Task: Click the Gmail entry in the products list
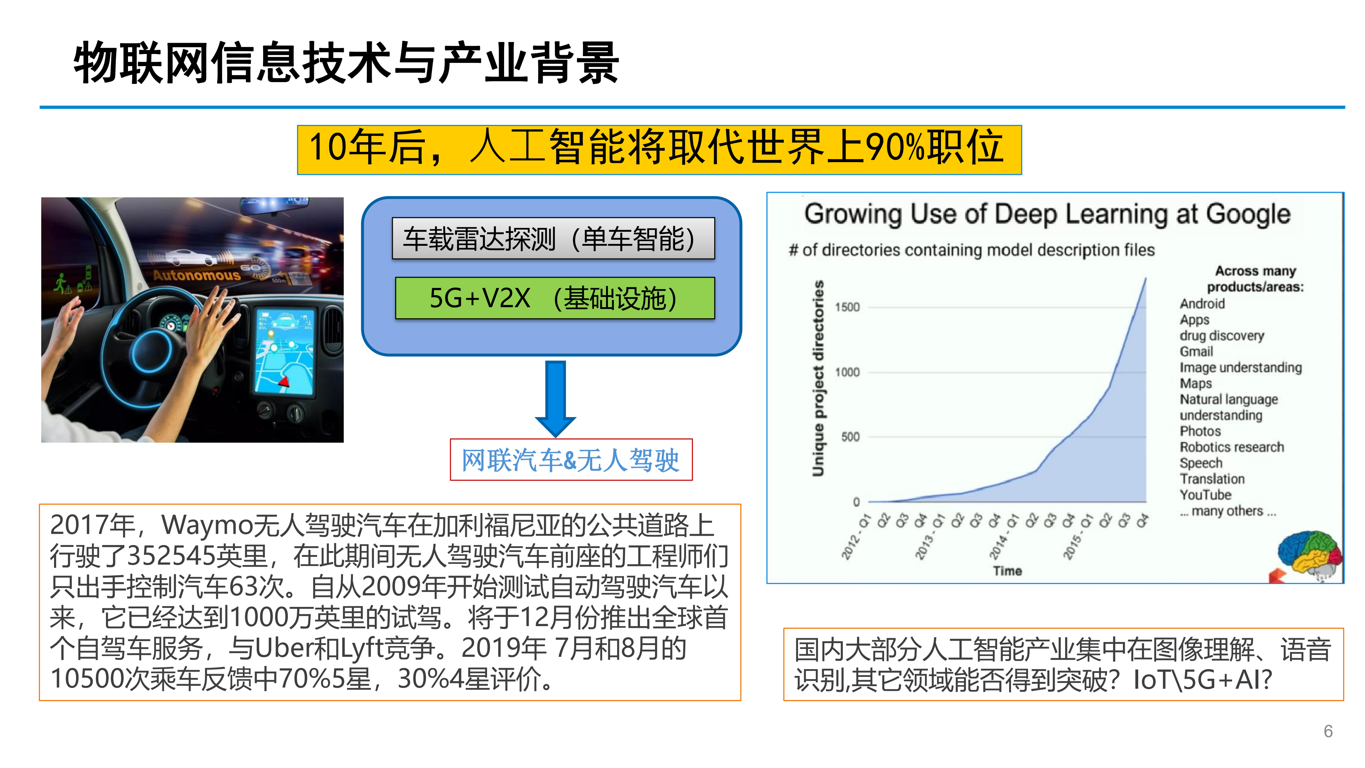(1196, 351)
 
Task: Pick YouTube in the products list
(1205, 495)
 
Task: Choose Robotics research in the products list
(1231, 447)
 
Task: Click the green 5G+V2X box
(555, 298)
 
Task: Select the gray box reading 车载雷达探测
(553, 239)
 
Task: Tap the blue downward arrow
(555, 399)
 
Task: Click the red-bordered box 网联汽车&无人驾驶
(571, 459)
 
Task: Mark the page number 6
(1328, 731)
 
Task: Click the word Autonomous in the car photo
(197, 274)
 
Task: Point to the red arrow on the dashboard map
(284, 380)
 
